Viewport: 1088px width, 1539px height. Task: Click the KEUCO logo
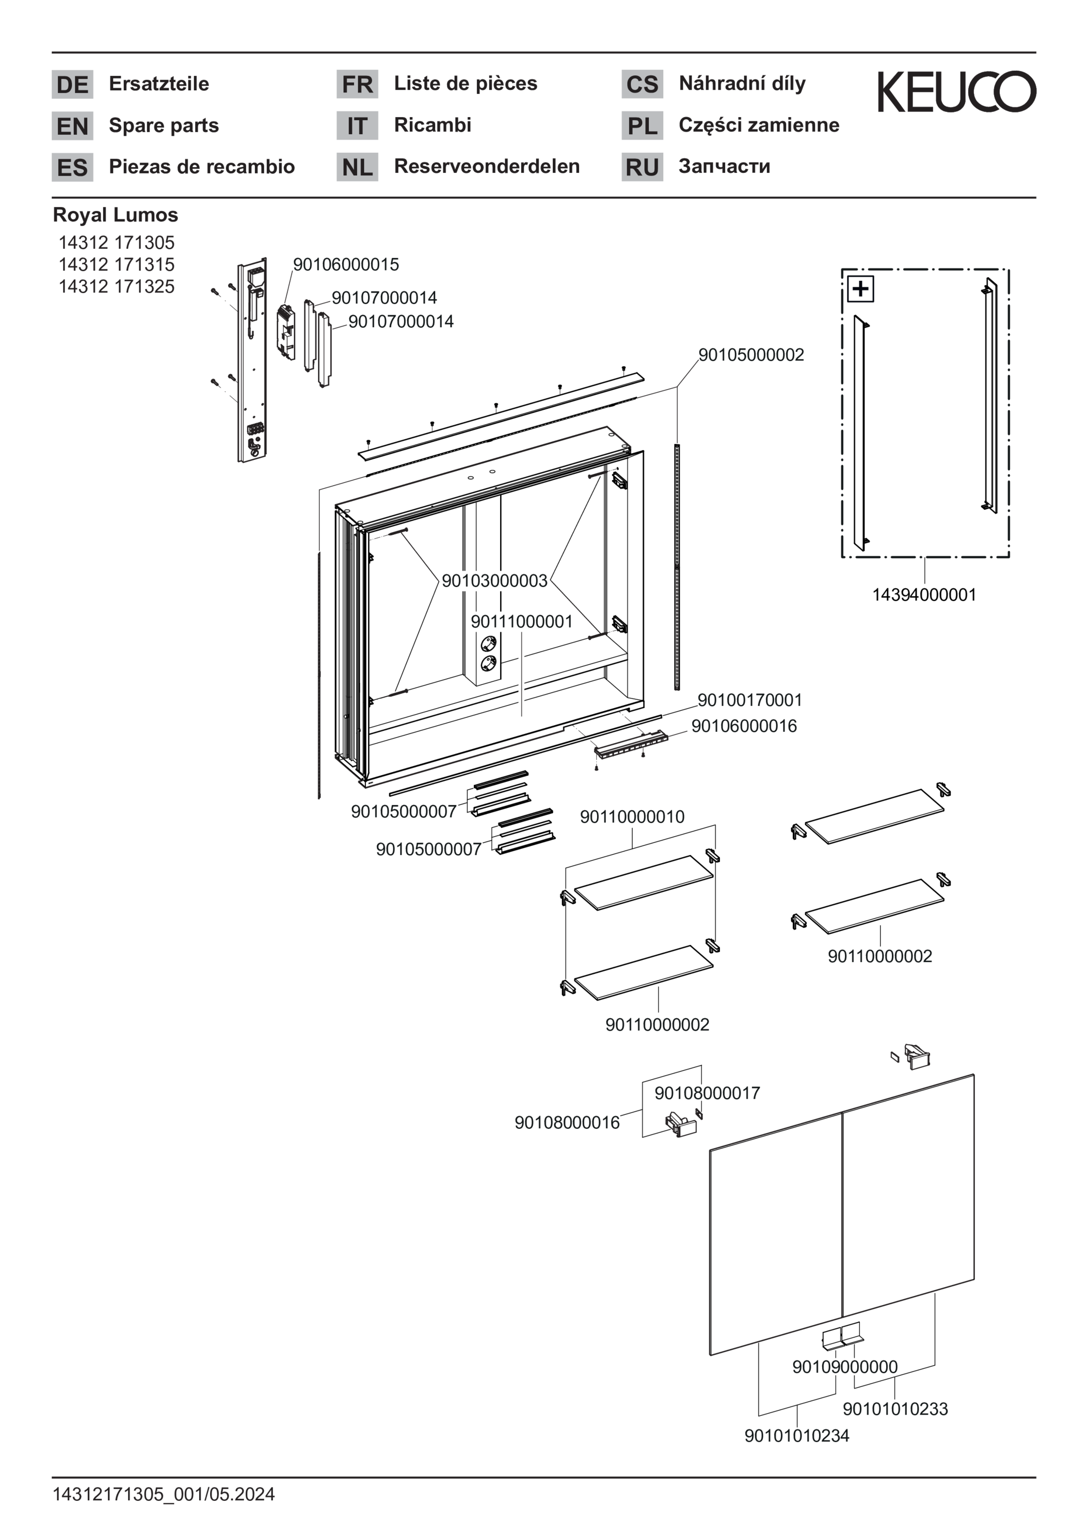pyautogui.click(x=956, y=92)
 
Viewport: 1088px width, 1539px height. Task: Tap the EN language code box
pyautogui.click(x=72, y=126)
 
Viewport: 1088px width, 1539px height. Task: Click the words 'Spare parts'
pyautogui.click(x=164, y=125)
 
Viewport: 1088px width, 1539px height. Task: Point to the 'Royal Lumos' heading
pyautogui.click(x=115, y=215)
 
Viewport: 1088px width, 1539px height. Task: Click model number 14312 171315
pyautogui.click(x=116, y=264)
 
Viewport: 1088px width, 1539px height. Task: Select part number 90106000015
pyautogui.click(x=346, y=265)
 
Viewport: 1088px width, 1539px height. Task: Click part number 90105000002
pyautogui.click(x=751, y=355)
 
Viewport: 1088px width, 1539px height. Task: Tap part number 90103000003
pyautogui.click(x=495, y=581)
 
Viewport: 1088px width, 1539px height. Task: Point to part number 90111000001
pyautogui.click(x=521, y=622)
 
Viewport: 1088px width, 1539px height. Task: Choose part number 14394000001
pyautogui.click(x=924, y=595)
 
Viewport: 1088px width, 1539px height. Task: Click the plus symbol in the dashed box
pyautogui.click(x=861, y=290)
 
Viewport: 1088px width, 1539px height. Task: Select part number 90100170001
pyautogui.click(x=749, y=700)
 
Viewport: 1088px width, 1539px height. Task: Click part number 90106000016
pyautogui.click(x=743, y=727)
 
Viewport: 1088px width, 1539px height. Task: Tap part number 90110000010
pyautogui.click(x=632, y=817)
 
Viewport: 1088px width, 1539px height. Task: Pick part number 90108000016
pyautogui.click(x=567, y=1123)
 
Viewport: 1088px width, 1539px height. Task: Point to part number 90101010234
pyautogui.click(x=796, y=1436)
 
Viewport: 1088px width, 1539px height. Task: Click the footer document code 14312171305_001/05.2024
pyautogui.click(x=164, y=1494)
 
